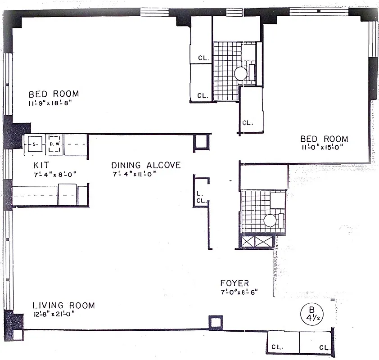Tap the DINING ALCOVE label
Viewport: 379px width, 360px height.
point(146,165)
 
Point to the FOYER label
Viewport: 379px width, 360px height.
point(235,283)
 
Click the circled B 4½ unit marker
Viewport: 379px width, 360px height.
point(310,313)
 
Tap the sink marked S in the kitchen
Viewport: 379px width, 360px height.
point(34,144)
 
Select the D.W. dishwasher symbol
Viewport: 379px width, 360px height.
point(54,144)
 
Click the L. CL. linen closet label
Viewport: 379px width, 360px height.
point(200,198)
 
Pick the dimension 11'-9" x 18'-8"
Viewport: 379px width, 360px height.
point(50,103)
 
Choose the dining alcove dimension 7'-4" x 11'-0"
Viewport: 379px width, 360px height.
point(134,174)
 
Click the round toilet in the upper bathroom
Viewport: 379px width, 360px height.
point(240,73)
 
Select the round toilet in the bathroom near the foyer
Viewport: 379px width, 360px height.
point(270,220)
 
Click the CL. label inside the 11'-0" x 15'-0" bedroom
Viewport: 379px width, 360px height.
point(248,122)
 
